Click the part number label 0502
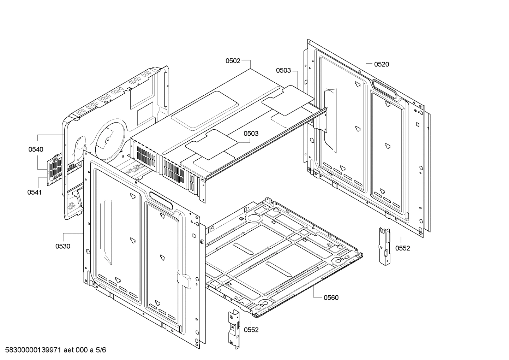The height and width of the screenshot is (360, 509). coord(233,61)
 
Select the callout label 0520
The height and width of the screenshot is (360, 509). coord(381,64)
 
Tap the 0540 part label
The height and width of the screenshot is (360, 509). coord(36,149)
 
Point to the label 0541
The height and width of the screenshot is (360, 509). coord(35,192)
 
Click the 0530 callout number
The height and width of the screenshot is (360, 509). coord(62,246)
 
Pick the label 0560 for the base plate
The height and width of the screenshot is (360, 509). coord(331,297)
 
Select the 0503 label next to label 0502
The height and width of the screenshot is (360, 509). coord(283,70)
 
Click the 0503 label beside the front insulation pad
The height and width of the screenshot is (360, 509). coord(251,134)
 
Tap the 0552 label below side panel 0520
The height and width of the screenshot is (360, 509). coord(402,248)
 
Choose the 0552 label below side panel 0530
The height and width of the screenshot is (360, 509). coord(251,330)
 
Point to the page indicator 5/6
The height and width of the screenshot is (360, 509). coord(101,350)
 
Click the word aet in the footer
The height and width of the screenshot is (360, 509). coord(70,350)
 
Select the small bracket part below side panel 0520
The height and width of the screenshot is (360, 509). coord(384,246)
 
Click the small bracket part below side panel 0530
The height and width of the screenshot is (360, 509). coord(233,328)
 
